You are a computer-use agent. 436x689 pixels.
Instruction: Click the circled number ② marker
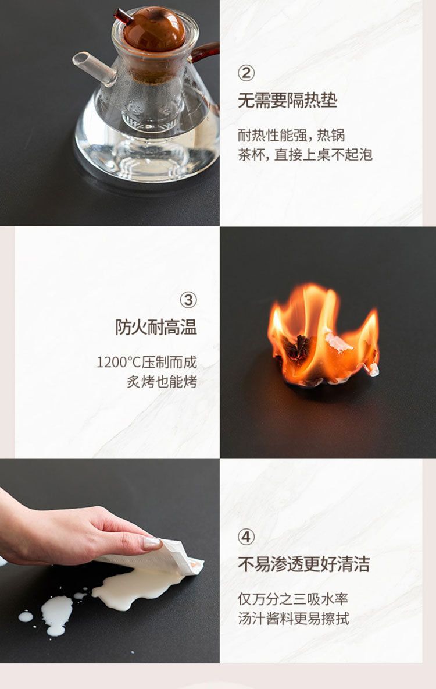(246, 73)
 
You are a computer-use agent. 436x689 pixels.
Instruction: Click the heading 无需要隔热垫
(287, 101)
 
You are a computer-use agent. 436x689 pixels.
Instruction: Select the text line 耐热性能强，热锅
(291, 135)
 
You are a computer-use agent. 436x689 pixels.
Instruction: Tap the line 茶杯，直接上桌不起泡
(305, 154)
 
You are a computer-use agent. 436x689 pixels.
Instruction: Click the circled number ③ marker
(188, 300)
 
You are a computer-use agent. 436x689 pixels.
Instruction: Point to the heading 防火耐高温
(156, 327)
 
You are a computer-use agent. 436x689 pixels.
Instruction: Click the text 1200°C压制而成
(147, 362)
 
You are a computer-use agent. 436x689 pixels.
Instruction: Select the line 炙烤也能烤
(162, 382)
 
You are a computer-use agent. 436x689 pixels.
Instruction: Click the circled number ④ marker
(246, 537)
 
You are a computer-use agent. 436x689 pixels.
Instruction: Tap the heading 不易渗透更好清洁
(303, 564)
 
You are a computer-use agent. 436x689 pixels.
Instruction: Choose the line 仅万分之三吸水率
(293, 599)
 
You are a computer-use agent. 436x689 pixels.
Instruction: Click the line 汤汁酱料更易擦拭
(293, 618)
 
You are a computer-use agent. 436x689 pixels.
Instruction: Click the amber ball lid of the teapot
(154, 29)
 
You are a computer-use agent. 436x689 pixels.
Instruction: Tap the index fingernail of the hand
(151, 542)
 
